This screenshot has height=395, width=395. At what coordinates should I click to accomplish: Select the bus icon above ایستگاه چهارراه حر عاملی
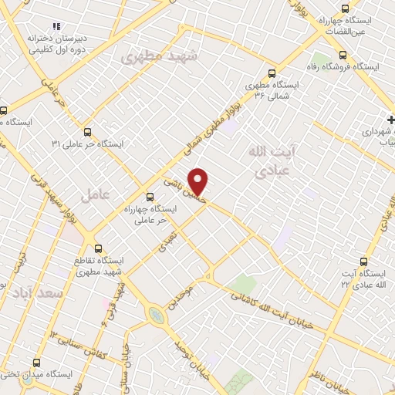150,197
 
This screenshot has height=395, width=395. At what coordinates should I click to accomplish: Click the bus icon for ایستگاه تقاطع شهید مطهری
98,248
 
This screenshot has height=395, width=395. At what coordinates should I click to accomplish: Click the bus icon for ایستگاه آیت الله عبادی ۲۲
364,262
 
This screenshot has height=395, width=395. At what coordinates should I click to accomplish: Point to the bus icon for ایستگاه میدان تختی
36,362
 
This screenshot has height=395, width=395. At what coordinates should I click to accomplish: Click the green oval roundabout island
156,315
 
